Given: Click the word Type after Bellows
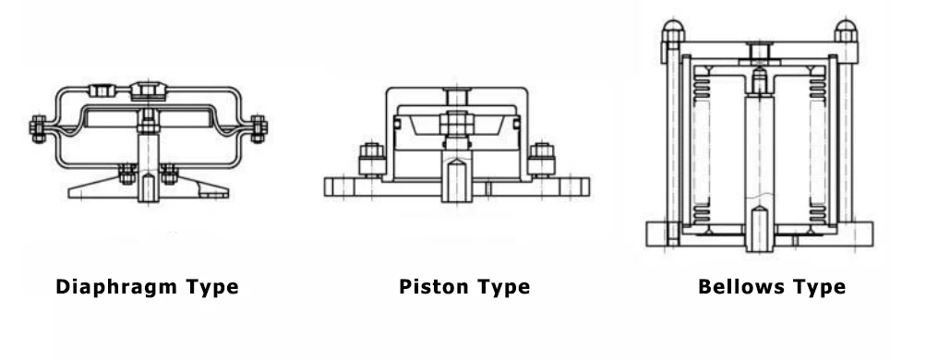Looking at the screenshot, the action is pos(816,287).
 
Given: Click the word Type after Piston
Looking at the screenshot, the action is pos(503,287).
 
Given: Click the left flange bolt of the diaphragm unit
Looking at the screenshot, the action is pos(39,128).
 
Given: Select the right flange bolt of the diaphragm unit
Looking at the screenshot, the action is pos(258,127).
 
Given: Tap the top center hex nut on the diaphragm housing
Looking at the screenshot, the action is pos(145,91).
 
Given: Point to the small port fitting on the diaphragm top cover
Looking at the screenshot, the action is pos(99,90).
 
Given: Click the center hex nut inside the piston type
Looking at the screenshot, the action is pos(455,123).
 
